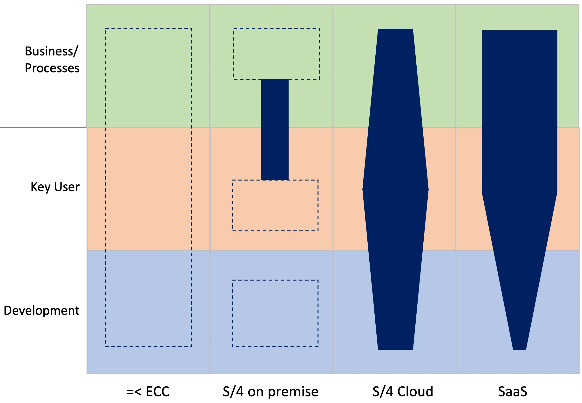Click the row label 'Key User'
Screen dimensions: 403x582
click(x=55, y=187)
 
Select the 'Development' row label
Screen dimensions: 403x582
click(x=41, y=311)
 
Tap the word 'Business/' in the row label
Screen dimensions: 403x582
click(x=52, y=51)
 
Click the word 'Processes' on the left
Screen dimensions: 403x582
click(x=52, y=68)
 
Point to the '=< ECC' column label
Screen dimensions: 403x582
click(x=148, y=392)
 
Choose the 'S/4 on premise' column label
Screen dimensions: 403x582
click(x=270, y=392)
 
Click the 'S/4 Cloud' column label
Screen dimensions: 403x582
click(x=403, y=392)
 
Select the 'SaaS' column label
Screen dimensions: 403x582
click(x=513, y=392)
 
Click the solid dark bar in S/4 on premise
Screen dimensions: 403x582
click(x=275, y=129)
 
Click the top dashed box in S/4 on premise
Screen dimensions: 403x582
click(x=276, y=54)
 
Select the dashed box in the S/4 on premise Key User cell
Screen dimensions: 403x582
click(x=275, y=205)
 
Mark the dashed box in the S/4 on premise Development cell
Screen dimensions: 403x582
click(x=275, y=313)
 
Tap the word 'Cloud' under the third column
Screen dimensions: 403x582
click(x=415, y=392)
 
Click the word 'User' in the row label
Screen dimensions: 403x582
click(x=67, y=187)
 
